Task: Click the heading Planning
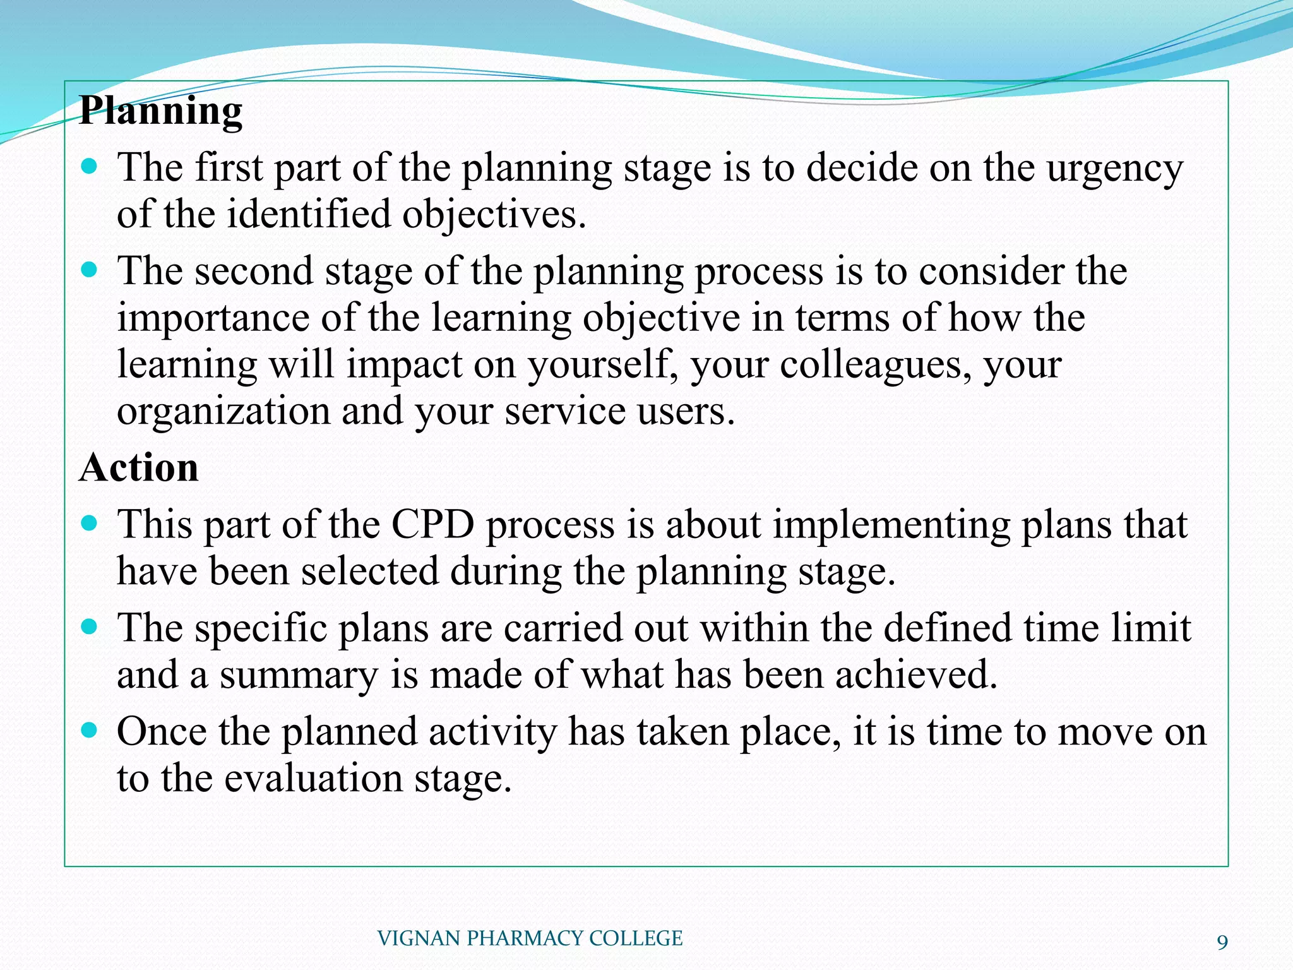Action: [x=161, y=112]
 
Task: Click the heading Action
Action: [x=139, y=468]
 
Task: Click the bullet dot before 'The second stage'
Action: [x=90, y=270]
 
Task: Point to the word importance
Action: [x=213, y=318]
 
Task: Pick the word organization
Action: [x=223, y=412]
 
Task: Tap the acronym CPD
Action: [x=432, y=525]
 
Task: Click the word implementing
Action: [x=892, y=526]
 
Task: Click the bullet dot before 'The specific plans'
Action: [x=90, y=627]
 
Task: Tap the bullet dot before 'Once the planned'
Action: [x=90, y=731]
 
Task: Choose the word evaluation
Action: [x=314, y=778]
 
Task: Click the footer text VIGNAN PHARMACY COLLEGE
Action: [x=530, y=938]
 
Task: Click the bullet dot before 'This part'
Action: [x=90, y=524]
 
